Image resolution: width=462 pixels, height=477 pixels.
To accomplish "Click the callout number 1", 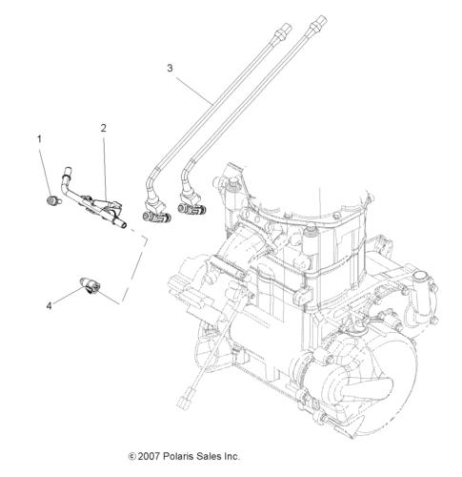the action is pyautogui.click(x=39, y=139).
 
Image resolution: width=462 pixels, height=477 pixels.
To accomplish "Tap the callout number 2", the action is pyautogui.click(x=104, y=128).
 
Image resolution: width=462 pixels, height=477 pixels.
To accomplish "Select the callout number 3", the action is pyautogui.click(x=171, y=68).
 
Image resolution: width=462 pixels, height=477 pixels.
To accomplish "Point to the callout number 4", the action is pyautogui.click(x=49, y=306).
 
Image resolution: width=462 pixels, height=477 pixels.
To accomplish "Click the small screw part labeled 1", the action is pyautogui.click(x=52, y=200).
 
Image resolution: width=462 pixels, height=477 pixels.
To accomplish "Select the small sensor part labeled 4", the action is pyautogui.click(x=90, y=284).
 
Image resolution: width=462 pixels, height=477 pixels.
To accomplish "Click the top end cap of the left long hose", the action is pyautogui.click(x=284, y=29).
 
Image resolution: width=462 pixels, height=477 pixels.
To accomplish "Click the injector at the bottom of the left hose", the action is pyautogui.click(x=156, y=216).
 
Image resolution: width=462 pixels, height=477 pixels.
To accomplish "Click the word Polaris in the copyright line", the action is pyautogui.click(x=178, y=457).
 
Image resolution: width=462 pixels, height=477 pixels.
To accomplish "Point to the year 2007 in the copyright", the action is pyautogui.click(x=149, y=457).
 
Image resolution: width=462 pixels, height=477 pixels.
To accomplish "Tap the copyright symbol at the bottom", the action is pyautogui.click(x=132, y=457).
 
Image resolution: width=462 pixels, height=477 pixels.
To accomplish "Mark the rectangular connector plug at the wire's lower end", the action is pyautogui.click(x=184, y=401).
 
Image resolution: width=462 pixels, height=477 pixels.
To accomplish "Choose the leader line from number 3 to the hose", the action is pyautogui.click(x=194, y=92).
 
